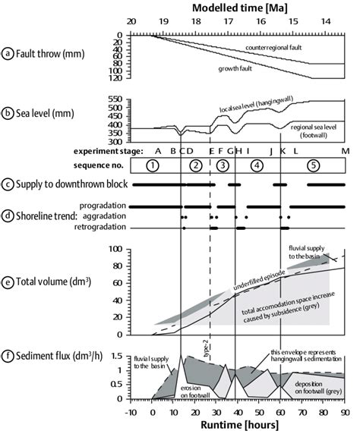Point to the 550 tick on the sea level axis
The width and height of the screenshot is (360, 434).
118,99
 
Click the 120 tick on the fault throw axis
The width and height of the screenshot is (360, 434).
118,78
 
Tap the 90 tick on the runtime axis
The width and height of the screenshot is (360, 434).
346,414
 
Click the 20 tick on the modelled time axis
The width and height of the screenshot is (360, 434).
132,22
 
